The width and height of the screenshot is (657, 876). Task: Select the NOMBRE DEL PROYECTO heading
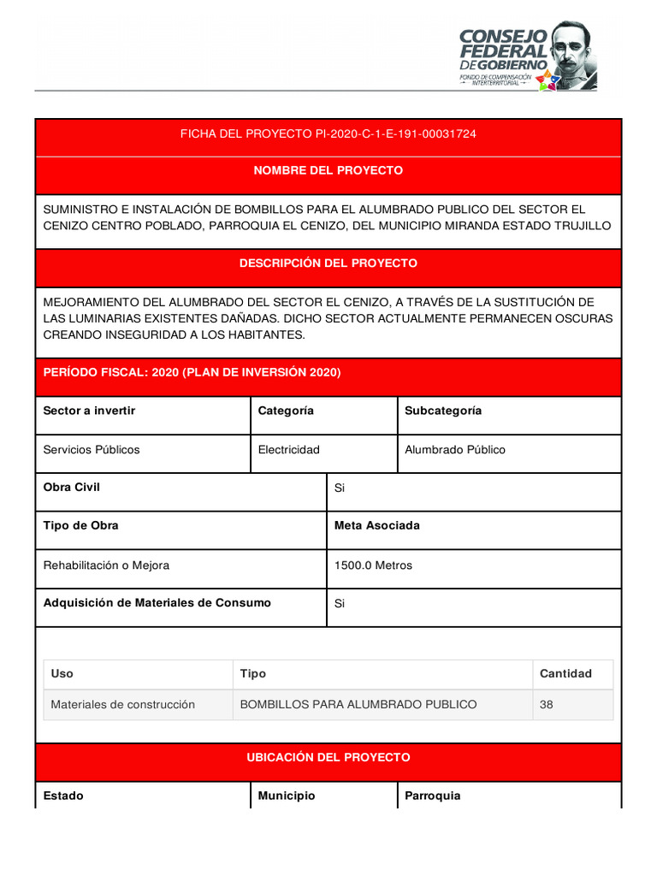(x=328, y=171)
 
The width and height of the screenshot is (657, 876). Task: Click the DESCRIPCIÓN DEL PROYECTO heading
(x=328, y=263)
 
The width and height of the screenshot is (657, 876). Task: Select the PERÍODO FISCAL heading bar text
(x=192, y=372)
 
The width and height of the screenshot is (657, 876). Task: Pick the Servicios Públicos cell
(x=91, y=449)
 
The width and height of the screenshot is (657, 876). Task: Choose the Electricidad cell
(x=288, y=449)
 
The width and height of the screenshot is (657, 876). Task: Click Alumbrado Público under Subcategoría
(x=454, y=449)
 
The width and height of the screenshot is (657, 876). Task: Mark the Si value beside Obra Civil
(x=339, y=488)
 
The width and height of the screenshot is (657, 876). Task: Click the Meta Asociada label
(x=376, y=526)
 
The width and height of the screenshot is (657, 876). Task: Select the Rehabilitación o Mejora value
(x=106, y=565)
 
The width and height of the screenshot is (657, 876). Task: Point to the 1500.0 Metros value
(x=373, y=565)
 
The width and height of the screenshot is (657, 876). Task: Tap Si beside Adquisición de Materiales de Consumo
(x=339, y=603)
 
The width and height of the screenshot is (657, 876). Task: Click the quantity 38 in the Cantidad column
(x=547, y=705)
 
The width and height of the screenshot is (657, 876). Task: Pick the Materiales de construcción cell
(x=122, y=705)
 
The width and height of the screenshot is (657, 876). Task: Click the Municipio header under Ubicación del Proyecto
(x=286, y=796)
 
